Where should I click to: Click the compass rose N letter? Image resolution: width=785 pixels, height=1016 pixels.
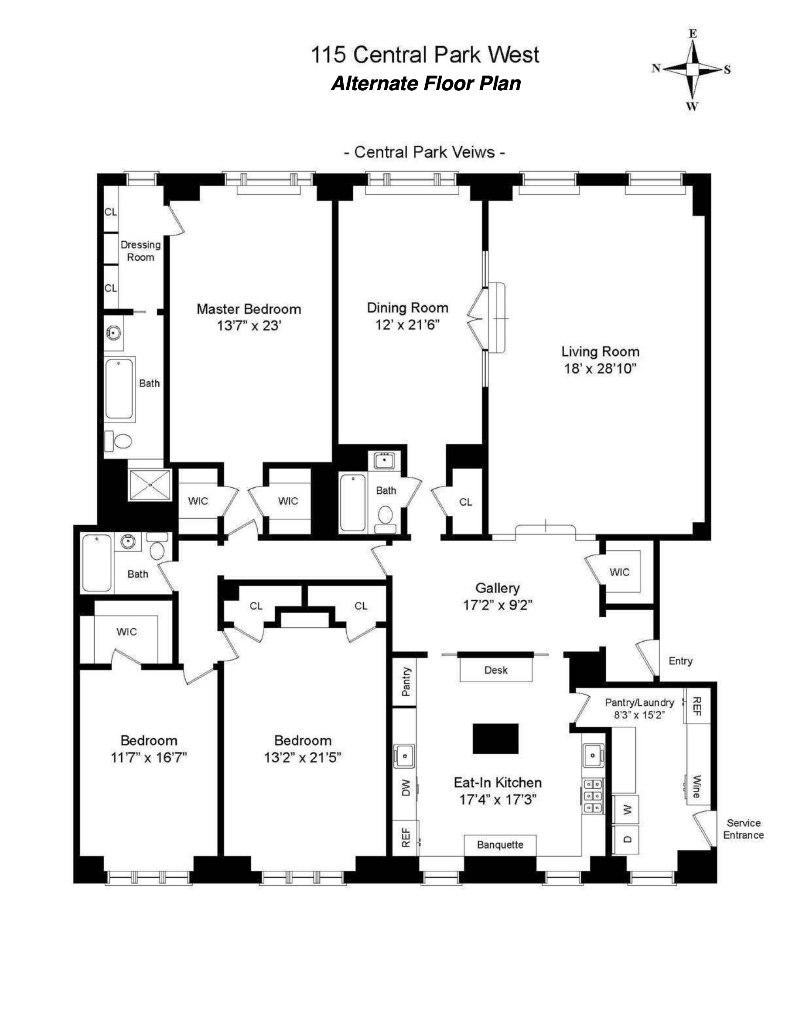(656, 69)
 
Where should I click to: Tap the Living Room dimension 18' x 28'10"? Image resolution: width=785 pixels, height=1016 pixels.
(600, 369)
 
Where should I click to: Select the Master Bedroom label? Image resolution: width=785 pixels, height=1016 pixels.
(249, 309)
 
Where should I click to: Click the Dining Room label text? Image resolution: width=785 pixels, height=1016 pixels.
(407, 308)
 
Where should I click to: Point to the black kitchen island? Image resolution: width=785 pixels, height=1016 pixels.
(495, 738)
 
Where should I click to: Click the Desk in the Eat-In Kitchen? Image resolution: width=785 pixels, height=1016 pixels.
(496, 670)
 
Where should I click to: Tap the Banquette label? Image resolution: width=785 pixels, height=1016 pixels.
(500, 845)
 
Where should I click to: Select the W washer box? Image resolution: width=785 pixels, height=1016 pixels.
(625, 810)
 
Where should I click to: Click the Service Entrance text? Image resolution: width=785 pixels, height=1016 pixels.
(743, 829)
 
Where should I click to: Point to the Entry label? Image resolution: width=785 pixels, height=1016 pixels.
(680, 660)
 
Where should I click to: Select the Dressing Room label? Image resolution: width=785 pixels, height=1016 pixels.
(140, 251)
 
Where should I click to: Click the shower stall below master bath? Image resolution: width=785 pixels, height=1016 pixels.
(150, 484)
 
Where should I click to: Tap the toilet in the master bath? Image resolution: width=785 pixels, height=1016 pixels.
(121, 441)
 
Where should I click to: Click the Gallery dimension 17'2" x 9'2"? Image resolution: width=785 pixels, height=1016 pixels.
(497, 605)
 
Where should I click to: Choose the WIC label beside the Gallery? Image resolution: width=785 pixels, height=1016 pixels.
(619, 572)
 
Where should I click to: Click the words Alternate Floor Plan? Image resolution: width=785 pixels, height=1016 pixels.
(426, 84)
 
